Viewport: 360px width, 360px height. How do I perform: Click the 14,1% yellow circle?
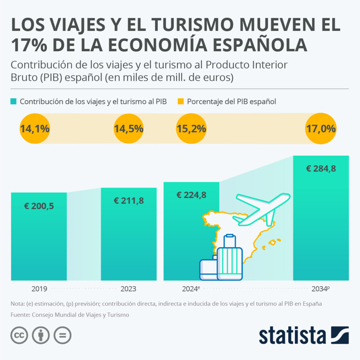(34, 129)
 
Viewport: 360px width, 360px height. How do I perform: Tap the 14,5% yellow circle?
(129, 129)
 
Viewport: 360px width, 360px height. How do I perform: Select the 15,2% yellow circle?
(191, 129)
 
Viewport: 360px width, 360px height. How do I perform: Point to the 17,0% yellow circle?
(321, 129)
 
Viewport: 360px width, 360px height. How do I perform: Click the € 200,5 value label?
(39, 206)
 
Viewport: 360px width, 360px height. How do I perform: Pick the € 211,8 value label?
(129, 201)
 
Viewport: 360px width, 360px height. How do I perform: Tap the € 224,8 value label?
(191, 195)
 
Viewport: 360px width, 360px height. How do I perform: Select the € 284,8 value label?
(321, 169)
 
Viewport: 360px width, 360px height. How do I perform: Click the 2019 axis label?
(39, 289)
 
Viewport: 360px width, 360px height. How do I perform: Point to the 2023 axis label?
(128, 289)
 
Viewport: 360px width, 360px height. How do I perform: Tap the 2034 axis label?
(320, 289)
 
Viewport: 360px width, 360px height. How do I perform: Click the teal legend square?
(14, 102)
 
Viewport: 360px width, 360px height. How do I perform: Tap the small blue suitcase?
(208, 269)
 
